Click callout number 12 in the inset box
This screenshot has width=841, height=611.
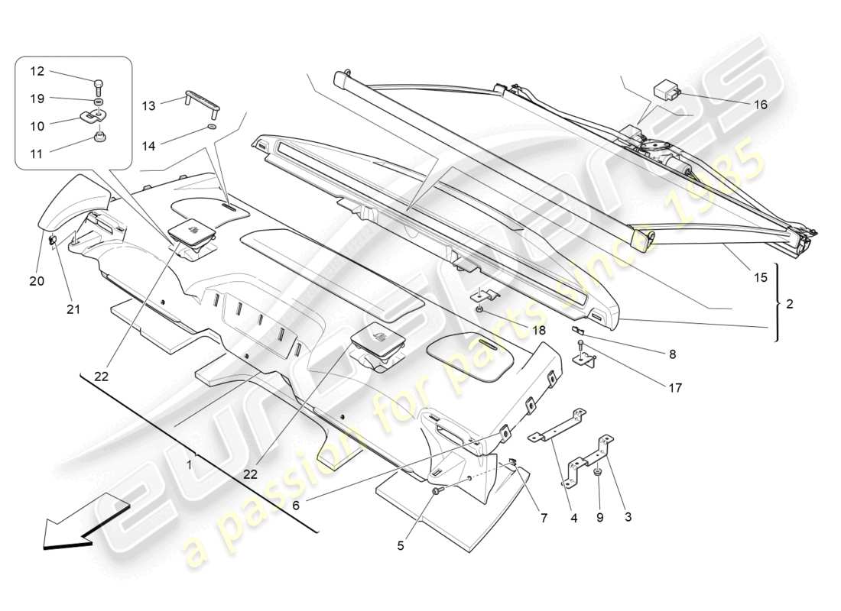(x=37, y=71)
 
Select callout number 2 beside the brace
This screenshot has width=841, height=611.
(x=789, y=304)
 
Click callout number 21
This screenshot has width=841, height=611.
(x=74, y=309)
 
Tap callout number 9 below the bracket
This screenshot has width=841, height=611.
(x=599, y=516)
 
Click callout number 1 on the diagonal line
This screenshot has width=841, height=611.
(x=190, y=464)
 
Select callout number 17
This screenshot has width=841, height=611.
(x=674, y=388)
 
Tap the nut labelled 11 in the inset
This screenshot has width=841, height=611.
(x=98, y=137)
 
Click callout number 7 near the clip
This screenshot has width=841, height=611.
(x=544, y=518)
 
